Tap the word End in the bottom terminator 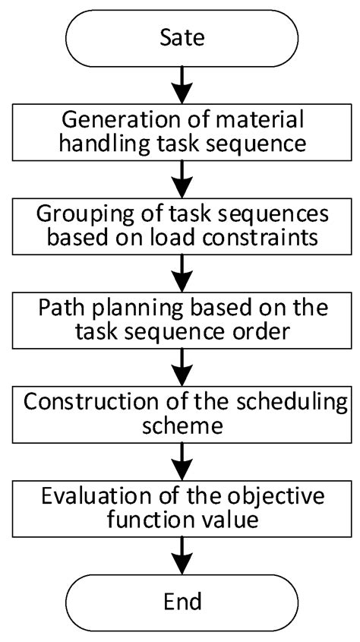183,602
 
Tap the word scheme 183,425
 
